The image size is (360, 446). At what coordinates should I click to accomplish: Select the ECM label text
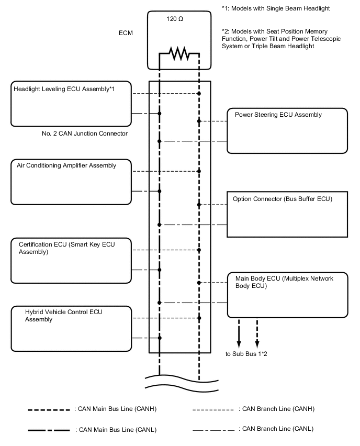point(126,33)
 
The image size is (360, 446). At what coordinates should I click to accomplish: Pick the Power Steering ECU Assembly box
point(287,130)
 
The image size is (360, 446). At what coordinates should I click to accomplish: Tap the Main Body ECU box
point(287,294)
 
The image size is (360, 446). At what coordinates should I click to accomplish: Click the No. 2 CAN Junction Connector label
point(84,133)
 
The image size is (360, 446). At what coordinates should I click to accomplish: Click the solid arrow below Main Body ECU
point(239,332)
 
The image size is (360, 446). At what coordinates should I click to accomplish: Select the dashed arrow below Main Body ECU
point(257,332)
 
